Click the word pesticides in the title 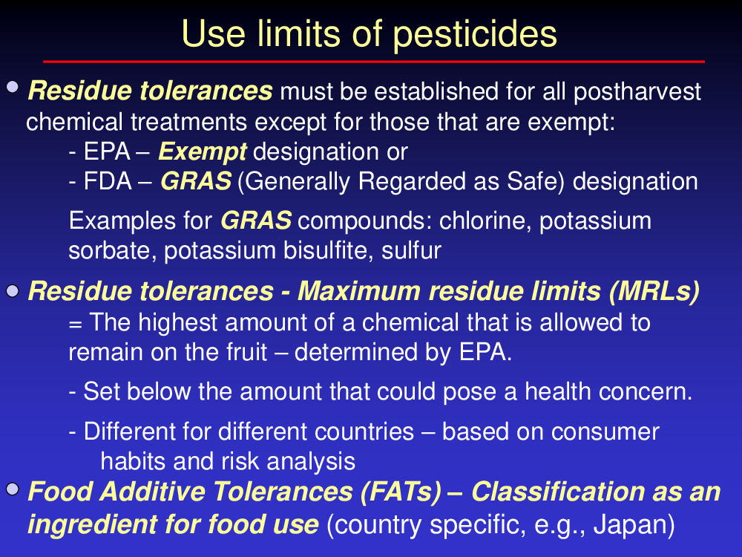[x=475, y=35]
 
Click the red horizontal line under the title [x=374, y=62]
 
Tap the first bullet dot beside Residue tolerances [x=13, y=87]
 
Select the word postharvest [x=637, y=92]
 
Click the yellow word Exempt [x=203, y=152]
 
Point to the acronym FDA [x=108, y=181]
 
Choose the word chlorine [x=483, y=221]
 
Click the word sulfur [x=411, y=250]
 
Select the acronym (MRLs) [x=654, y=291]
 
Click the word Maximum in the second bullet [x=358, y=291]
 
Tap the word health [x=557, y=392]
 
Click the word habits [x=133, y=461]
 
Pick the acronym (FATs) [x=401, y=492]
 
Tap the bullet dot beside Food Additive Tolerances [x=13, y=489]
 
